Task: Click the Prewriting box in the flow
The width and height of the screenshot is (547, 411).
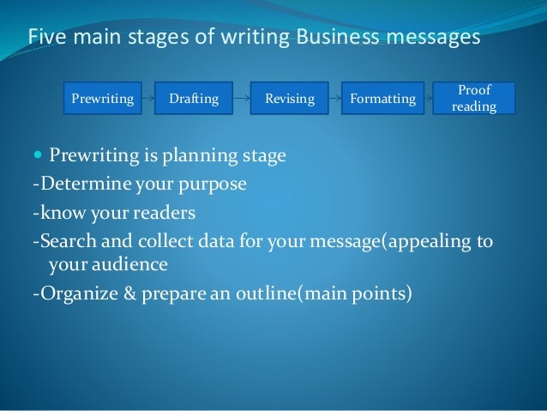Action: pos(102,99)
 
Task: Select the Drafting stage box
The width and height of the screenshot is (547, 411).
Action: pos(194,99)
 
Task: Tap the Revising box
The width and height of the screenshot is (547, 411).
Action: pos(289,99)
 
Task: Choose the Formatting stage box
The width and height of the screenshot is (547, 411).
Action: pos(382,99)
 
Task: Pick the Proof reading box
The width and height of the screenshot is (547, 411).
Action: pos(474,99)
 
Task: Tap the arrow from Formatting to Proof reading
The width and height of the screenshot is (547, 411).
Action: pos(429,99)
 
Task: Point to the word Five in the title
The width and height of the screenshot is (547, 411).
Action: pos(46,38)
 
